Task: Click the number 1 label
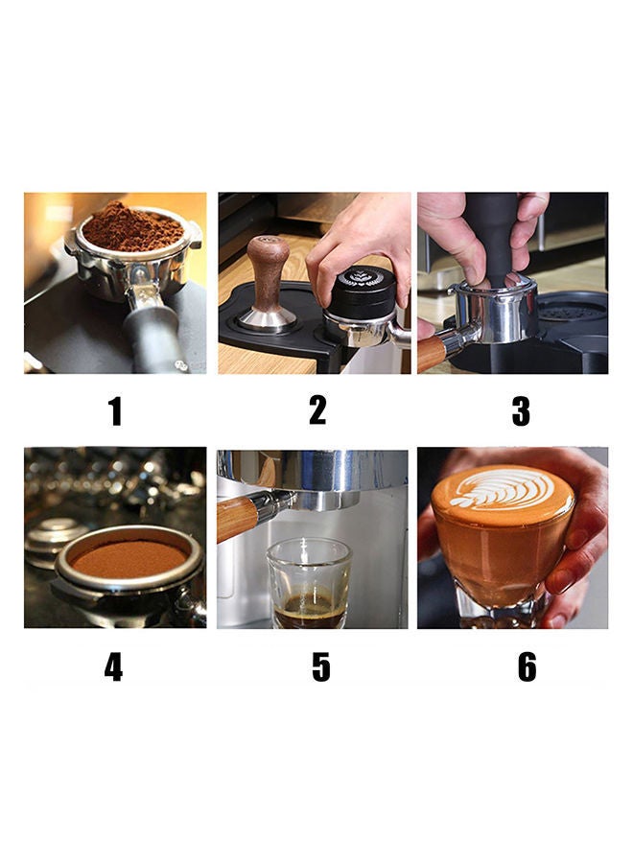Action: [115, 411]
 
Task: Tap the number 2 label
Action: [317, 409]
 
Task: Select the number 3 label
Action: [521, 410]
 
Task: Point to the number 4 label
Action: [114, 666]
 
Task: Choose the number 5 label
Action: [321, 666]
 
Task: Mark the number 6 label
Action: [527, 666]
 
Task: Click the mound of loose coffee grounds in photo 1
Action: [132, 228]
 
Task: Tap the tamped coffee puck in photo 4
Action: [129, 557]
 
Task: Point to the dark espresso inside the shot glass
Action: [308, 608]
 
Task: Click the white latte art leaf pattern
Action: [503, 490]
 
